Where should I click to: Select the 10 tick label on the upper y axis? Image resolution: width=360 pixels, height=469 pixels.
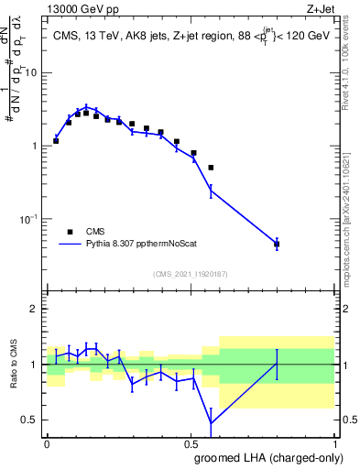point(32,72)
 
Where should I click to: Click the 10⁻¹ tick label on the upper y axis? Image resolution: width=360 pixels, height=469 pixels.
point(29,219)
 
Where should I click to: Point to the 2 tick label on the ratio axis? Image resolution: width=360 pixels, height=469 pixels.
point(35,310)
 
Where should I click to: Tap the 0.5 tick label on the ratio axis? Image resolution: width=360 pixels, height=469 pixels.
point(30,420)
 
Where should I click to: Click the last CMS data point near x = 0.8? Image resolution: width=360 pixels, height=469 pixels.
point(277,244)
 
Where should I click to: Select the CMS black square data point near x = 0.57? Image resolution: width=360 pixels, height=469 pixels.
point(211,168)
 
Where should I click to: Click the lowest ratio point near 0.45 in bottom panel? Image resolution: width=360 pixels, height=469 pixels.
point(212,423)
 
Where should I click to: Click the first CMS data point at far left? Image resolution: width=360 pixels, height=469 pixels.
point(56,141)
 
